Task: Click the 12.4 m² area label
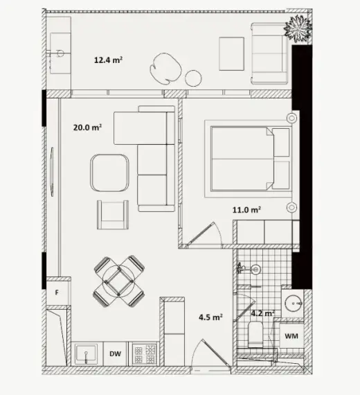click(108, 60)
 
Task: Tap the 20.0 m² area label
click(87, 128)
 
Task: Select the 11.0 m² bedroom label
click(246, 209)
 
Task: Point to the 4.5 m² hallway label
click(210, 317)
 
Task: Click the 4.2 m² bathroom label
click(262, 313)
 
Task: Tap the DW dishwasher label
click(116, 353)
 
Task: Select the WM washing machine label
click(291, 336)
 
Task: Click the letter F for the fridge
click(57, 292)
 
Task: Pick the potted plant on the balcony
click(298, 28)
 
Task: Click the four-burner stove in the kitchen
click(145, 354)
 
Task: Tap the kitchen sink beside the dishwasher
click(86, 353)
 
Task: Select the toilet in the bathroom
click(255, 334)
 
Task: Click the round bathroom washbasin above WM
click(294, 304)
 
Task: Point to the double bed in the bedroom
click(248, 159)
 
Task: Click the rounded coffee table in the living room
click(109, 173)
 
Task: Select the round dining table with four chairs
click(119, 281)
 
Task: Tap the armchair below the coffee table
click(113, 215)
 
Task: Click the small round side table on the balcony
click(193, 78)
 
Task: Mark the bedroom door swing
click(204, 233)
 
